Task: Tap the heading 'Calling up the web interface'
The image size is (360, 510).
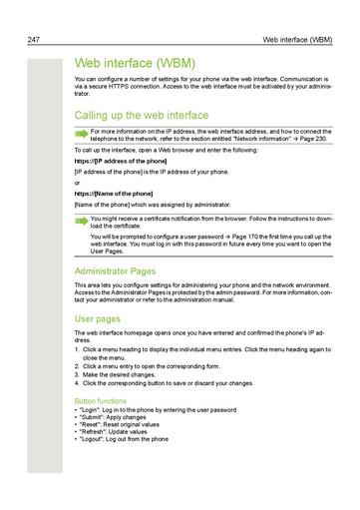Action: (x=142, y=115)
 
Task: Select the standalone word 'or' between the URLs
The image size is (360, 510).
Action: (x=78, y=182)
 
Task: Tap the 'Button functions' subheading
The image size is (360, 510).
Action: (x=101, y=400)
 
